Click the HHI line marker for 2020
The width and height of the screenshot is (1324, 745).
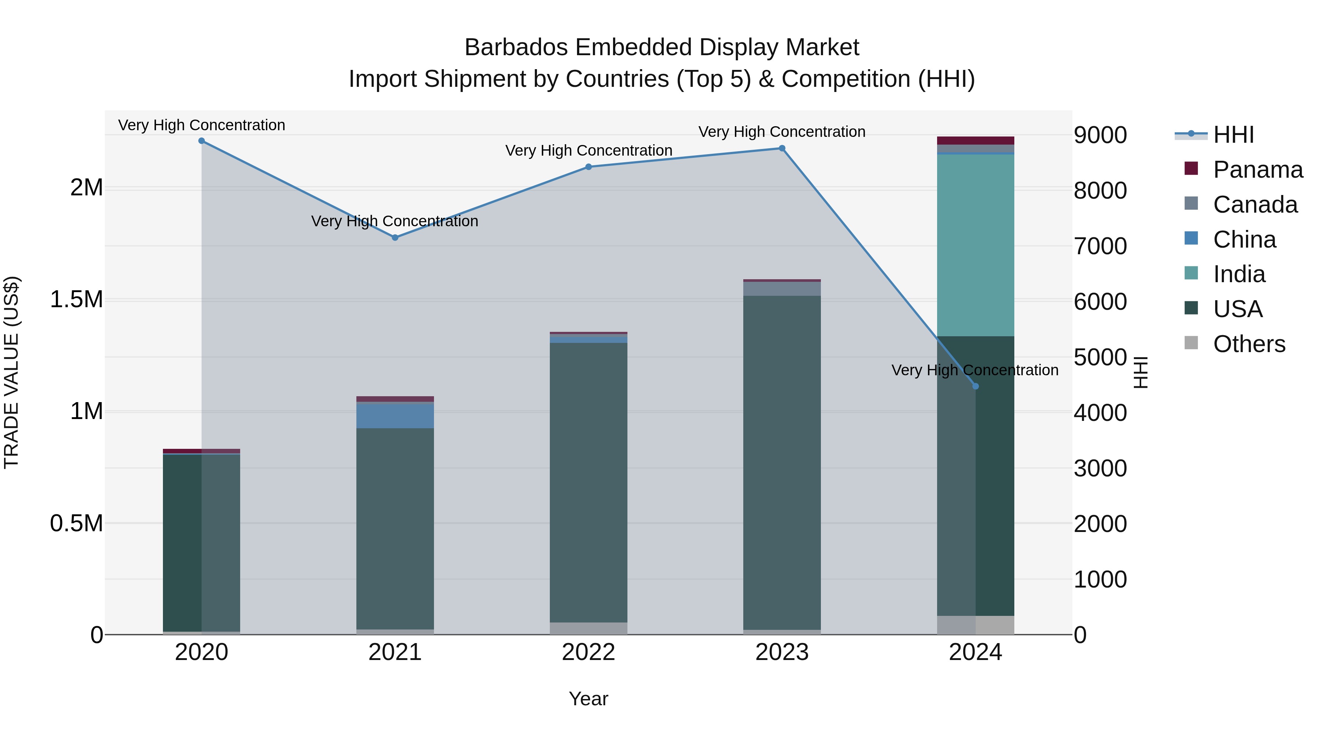(x=202, y=141)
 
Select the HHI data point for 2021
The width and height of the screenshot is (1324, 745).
(x=395, y=238)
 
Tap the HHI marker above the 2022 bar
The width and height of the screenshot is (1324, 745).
(x=588, y=167)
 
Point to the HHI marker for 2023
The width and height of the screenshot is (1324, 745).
(x=782, y=148)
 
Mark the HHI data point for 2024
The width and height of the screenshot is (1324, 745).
(x=975, y=386)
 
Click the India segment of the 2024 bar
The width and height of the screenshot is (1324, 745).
(x=975, y=245)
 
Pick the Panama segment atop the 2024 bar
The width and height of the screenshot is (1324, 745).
(x=975, y=141)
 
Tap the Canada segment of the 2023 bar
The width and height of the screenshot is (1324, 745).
(x=782, y=288)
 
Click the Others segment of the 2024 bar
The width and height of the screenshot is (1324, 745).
(x=975, y=625)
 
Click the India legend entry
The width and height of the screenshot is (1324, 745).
(x=1239, y=274)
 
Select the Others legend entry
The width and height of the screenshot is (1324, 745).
(x=1249, y=344)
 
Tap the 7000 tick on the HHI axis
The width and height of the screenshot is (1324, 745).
(x=1100, y=246)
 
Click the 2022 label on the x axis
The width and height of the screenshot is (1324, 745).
(x=588, y=652)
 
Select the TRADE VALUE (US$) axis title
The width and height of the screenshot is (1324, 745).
(x=12, y=372)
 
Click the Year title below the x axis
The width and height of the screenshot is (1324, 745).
(x=588, y=699)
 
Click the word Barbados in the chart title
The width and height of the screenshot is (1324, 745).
(x=516, y=47)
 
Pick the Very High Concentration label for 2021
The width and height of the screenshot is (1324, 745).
(x=395, y=221)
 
